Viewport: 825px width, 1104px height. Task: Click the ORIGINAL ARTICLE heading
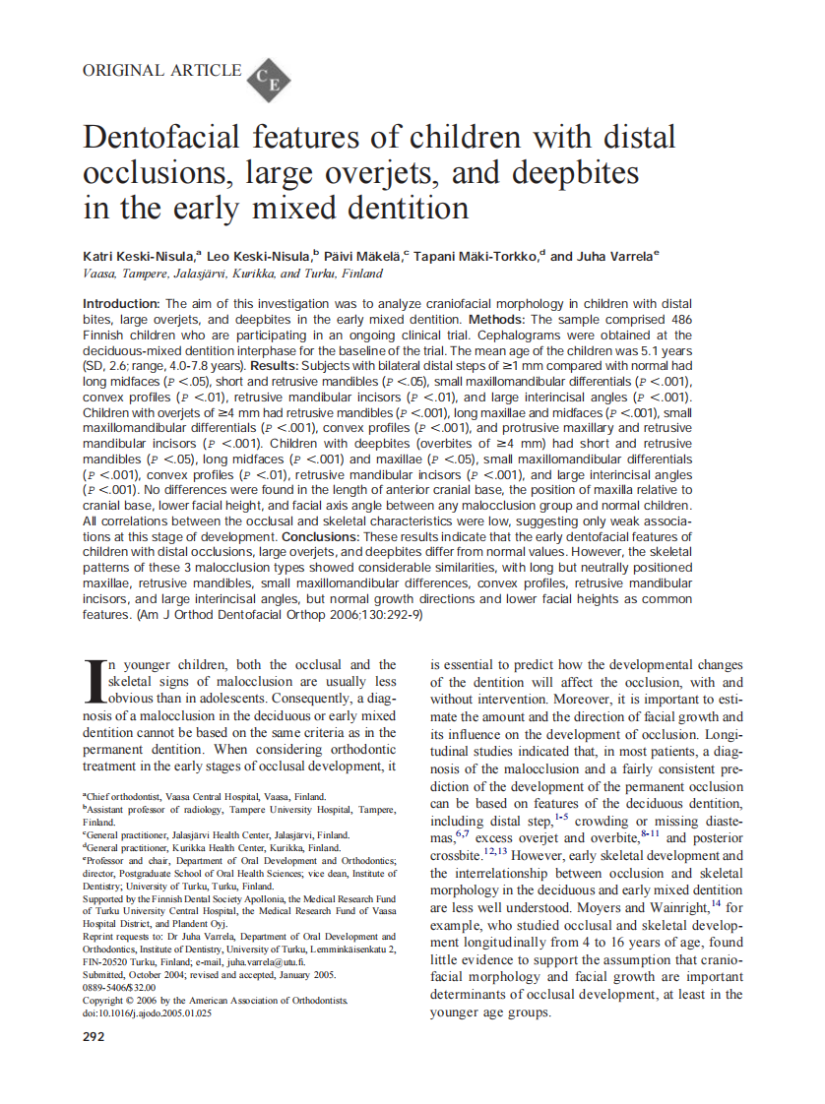coord(161,70)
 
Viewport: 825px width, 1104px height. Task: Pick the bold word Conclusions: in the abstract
coord(322,537)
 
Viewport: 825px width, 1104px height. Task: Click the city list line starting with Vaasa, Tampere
coord(233,274)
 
